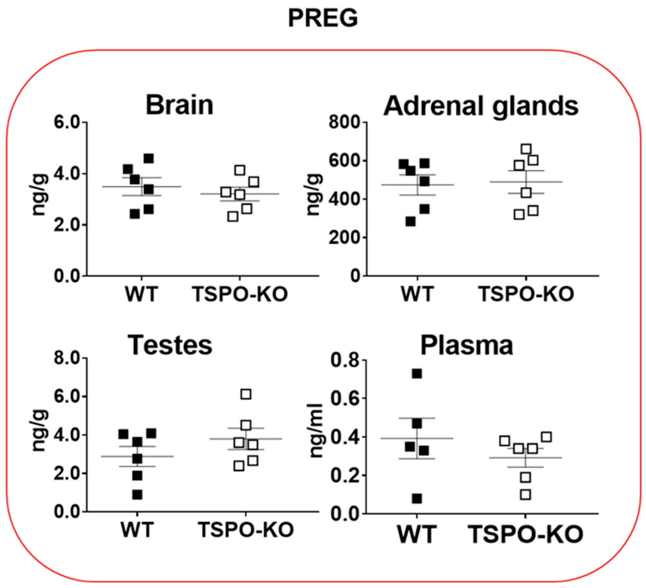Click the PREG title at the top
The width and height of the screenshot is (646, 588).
coord(323,18)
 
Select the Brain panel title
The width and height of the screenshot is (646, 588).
coord(180,105)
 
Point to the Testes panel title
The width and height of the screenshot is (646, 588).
coord(170,345)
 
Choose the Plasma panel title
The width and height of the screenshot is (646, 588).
coord(466,345)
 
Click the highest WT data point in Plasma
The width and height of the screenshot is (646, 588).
coord(417,374)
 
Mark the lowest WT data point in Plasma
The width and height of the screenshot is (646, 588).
coord(417,499)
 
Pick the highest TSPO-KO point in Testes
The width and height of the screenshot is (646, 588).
coord(246,394)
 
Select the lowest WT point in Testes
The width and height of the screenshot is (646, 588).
coord(137,495)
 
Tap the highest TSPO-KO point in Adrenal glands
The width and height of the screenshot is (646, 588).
coord(526,149)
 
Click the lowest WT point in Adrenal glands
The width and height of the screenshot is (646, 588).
coord(410,222)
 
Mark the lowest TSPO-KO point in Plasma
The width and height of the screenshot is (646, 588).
coord(525,495)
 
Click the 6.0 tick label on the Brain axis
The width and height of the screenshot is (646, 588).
coord(67,123)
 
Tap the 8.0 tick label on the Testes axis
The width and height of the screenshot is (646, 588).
coord(67,358)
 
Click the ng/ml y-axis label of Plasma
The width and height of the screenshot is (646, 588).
coord(316,430)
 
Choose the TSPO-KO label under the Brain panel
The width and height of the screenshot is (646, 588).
coord(240,294)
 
